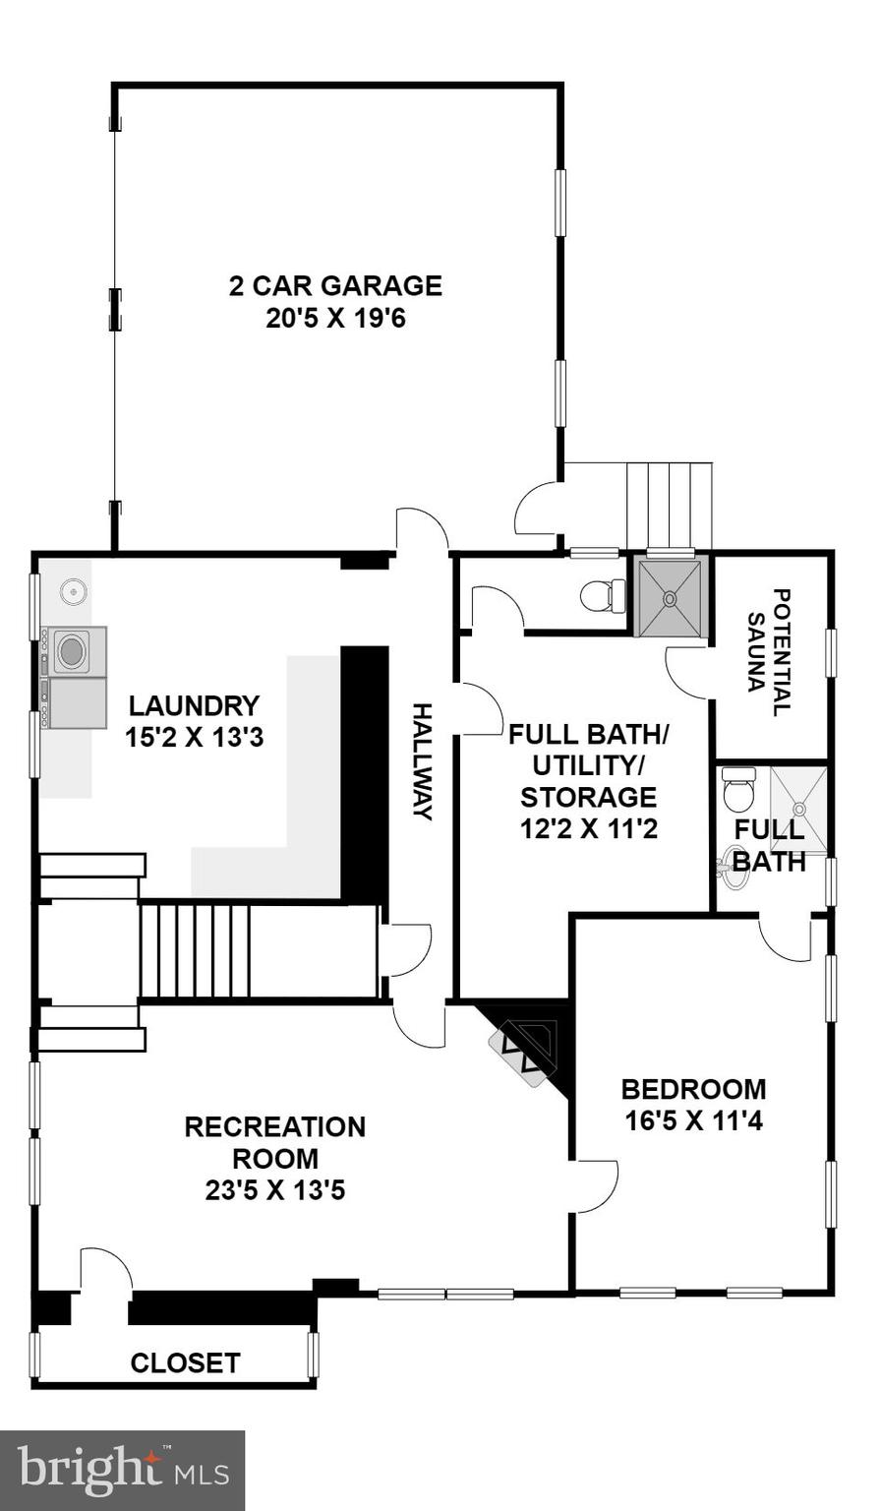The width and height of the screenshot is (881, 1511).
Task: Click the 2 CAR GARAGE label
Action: click(x=335, y=286)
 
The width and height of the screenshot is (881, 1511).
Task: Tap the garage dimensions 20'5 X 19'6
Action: click(x=335, y=319)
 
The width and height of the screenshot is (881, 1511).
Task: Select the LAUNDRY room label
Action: click(x=194, y=705)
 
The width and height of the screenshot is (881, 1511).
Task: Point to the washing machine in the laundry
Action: click(x=72, y=651)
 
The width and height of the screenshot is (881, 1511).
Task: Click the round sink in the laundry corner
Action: click(x=73, y=592)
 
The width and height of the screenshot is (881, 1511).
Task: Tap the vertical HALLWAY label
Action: click(x=422, y=761)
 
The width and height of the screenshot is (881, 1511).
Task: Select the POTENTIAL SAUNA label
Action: click(x=770, y=652)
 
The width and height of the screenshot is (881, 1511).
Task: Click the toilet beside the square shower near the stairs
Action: click(x=602, y=595)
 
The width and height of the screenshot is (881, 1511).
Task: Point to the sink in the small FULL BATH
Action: click(x=733, y=866)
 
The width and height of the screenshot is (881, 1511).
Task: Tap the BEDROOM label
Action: click(x=693, y=1089)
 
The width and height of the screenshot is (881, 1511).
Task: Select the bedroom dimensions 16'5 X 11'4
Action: click(x=693, y=1121)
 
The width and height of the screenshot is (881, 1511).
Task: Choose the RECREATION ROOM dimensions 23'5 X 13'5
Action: click(x=274, y=1190)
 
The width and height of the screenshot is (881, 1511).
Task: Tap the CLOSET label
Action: click(x=185, y=1362)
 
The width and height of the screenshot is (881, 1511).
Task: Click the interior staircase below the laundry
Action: click(x=195, y=950)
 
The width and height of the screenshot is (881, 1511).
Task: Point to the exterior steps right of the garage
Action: click(x=669, y=506)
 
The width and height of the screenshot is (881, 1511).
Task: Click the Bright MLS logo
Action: click(x=122, y=1470)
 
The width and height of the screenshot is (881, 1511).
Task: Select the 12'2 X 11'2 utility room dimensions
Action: click(x=588, y=828)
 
